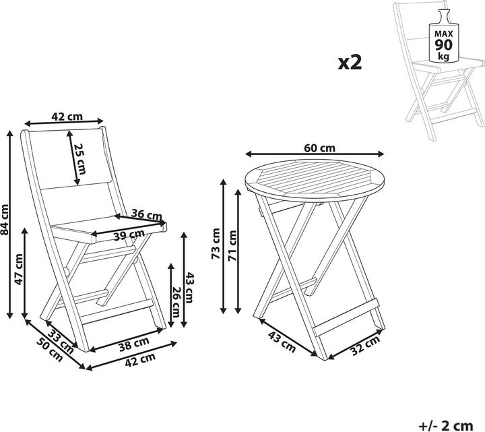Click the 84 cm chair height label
click(6, 220)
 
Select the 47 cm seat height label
click(20, 269)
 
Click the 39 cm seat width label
click(129, 236)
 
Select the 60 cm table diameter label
click(319, 148)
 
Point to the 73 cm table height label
click(216, 244)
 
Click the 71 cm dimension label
click(233, 244)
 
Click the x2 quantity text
click(350, 63)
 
